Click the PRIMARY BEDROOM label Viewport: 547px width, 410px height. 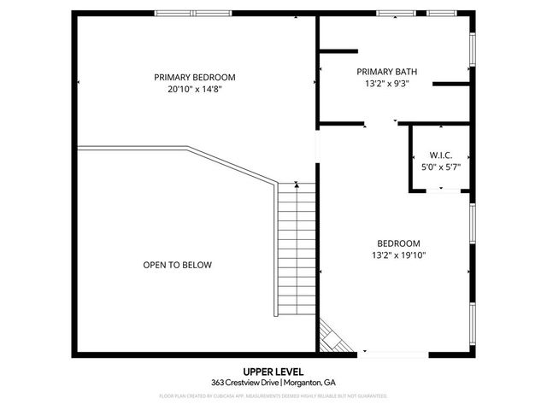pos(195,77)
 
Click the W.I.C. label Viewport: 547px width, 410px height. pos(441,155)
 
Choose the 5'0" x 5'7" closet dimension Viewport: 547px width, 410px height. pos(441,167)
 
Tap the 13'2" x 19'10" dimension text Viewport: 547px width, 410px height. pos(398,255)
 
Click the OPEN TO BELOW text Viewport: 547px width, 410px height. pos(177,265)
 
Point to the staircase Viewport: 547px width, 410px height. pos(297,248)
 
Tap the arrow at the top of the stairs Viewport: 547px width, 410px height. pos(297,184)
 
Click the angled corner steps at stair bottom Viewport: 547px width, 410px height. pos(332,337)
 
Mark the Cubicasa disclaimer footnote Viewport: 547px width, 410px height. pos(273,396)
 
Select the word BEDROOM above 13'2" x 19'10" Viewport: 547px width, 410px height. pos(398,243)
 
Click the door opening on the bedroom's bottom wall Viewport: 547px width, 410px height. pos(395,354)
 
